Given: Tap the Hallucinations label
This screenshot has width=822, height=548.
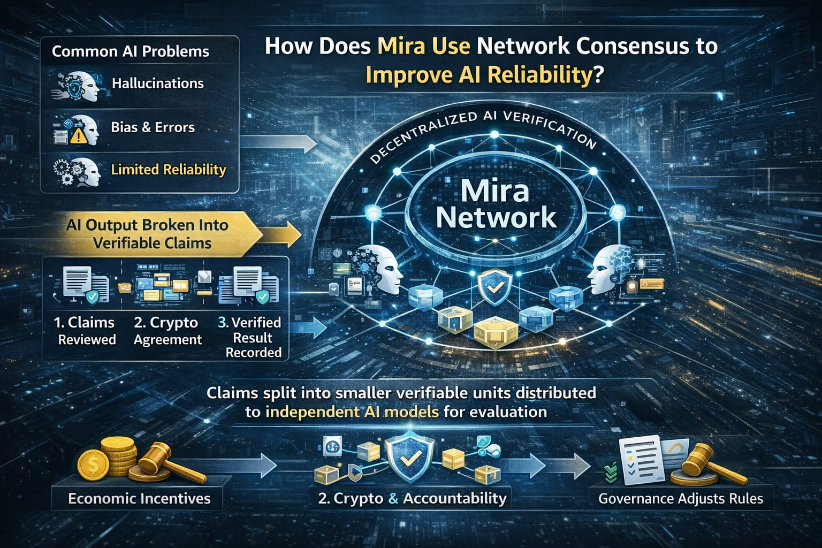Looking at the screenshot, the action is pos(157,83).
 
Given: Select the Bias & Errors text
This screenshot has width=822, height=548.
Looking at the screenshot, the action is pos(153,127).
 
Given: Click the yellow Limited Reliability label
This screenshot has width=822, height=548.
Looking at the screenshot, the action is pos(169,170).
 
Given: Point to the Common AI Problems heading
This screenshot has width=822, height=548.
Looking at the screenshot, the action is pos(131,51).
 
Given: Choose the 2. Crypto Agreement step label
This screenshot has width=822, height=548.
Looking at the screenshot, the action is pos(168,331).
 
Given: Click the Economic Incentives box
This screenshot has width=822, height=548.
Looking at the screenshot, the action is pos(139,499).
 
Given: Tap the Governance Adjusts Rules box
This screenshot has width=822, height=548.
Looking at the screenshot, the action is pos(681,499).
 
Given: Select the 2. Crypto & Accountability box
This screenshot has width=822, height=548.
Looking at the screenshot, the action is pos(412,499).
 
